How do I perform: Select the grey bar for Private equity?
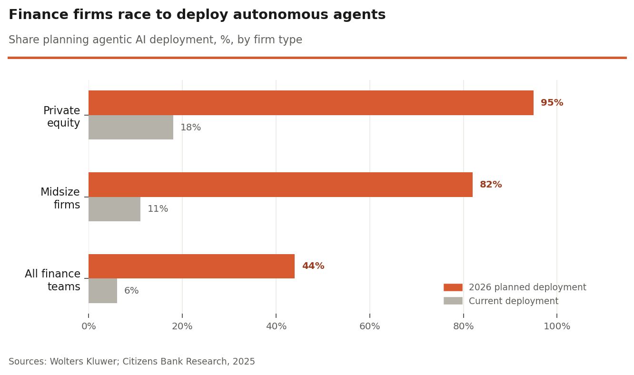click(x=131, y=128)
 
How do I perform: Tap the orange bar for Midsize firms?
click(x=280, y=185)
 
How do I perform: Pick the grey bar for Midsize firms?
click(x=114, y=209)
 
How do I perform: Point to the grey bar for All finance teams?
click(x=103, y=291)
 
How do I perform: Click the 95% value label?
click(x=552, y=103)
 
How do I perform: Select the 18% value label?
click(x=190, y=128)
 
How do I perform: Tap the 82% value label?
click(x=491, y=185)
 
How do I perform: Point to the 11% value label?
click(x=158, y=209)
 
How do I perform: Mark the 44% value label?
click(x=313, y=266)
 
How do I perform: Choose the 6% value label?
click(x=131, y=291)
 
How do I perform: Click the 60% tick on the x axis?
click(x=370, y=326)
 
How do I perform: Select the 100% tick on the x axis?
click(x=557, y=326)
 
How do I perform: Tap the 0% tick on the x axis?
click(x=89, y=326)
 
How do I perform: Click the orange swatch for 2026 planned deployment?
click(x=453, y=287)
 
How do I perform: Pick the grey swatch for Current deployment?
click(x=453, y=301)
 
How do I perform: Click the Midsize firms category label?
click(x=60, y=198)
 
